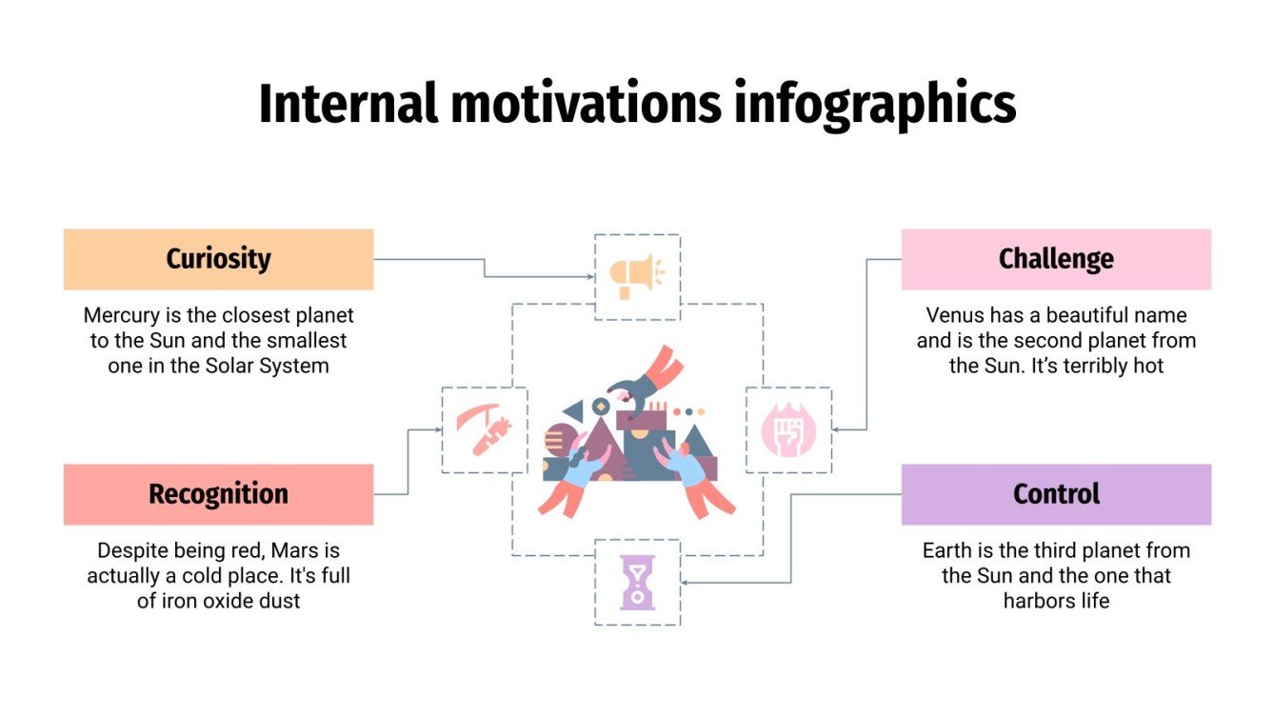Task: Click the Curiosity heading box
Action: coord(218,259)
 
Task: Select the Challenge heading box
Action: coord(1056,259)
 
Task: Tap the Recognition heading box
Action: coord(218,494)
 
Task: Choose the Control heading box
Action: coord(1056,494)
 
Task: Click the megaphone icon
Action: coord(637,276)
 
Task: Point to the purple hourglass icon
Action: coord(637,583)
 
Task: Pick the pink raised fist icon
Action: coord(788,430)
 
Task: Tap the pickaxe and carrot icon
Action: coord(484,430)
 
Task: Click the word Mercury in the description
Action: coord(121,315)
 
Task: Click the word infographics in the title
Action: coord(874,105)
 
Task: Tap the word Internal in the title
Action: coord(348,105)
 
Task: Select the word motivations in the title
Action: coord(587,105)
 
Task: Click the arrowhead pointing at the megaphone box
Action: coord(590,277)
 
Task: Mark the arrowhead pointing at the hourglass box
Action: coord(685,583)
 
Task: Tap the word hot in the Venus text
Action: coord(1148,366)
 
